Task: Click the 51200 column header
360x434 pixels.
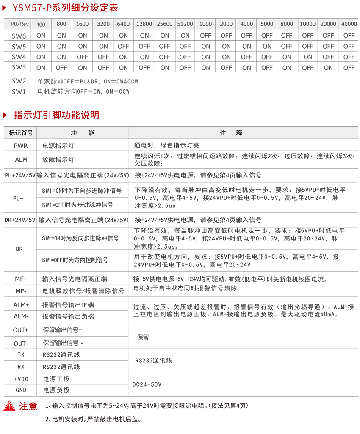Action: click(x=185, y=24)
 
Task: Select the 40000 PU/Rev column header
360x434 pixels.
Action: click(x=349, y=24)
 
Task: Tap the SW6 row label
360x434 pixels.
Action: click(x=19, y=36)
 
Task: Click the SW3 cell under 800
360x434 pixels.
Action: click(x=61, y=68)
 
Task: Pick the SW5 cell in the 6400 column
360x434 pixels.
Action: click(x=123, y=47)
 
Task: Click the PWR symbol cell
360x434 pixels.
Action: click(x=21, y=145)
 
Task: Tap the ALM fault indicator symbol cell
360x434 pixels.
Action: click(x=21, y=160)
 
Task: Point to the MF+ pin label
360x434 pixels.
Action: click(x=21, y=279)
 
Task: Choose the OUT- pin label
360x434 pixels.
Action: click(x=21, y=343)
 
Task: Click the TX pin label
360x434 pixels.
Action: click(x=21, y=355)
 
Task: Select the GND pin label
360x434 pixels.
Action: click(x=21, y=390)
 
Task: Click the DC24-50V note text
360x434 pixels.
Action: click(x=147, y=384)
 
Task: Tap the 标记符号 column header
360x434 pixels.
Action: click(x=21, y=133)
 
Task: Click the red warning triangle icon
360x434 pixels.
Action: click(x=9, y=406)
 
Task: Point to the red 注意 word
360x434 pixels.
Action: click(x=28, y=406)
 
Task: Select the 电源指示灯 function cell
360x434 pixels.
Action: click(x=58, y=146)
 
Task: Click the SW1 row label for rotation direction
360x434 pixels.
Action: click(x=19, y=91)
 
